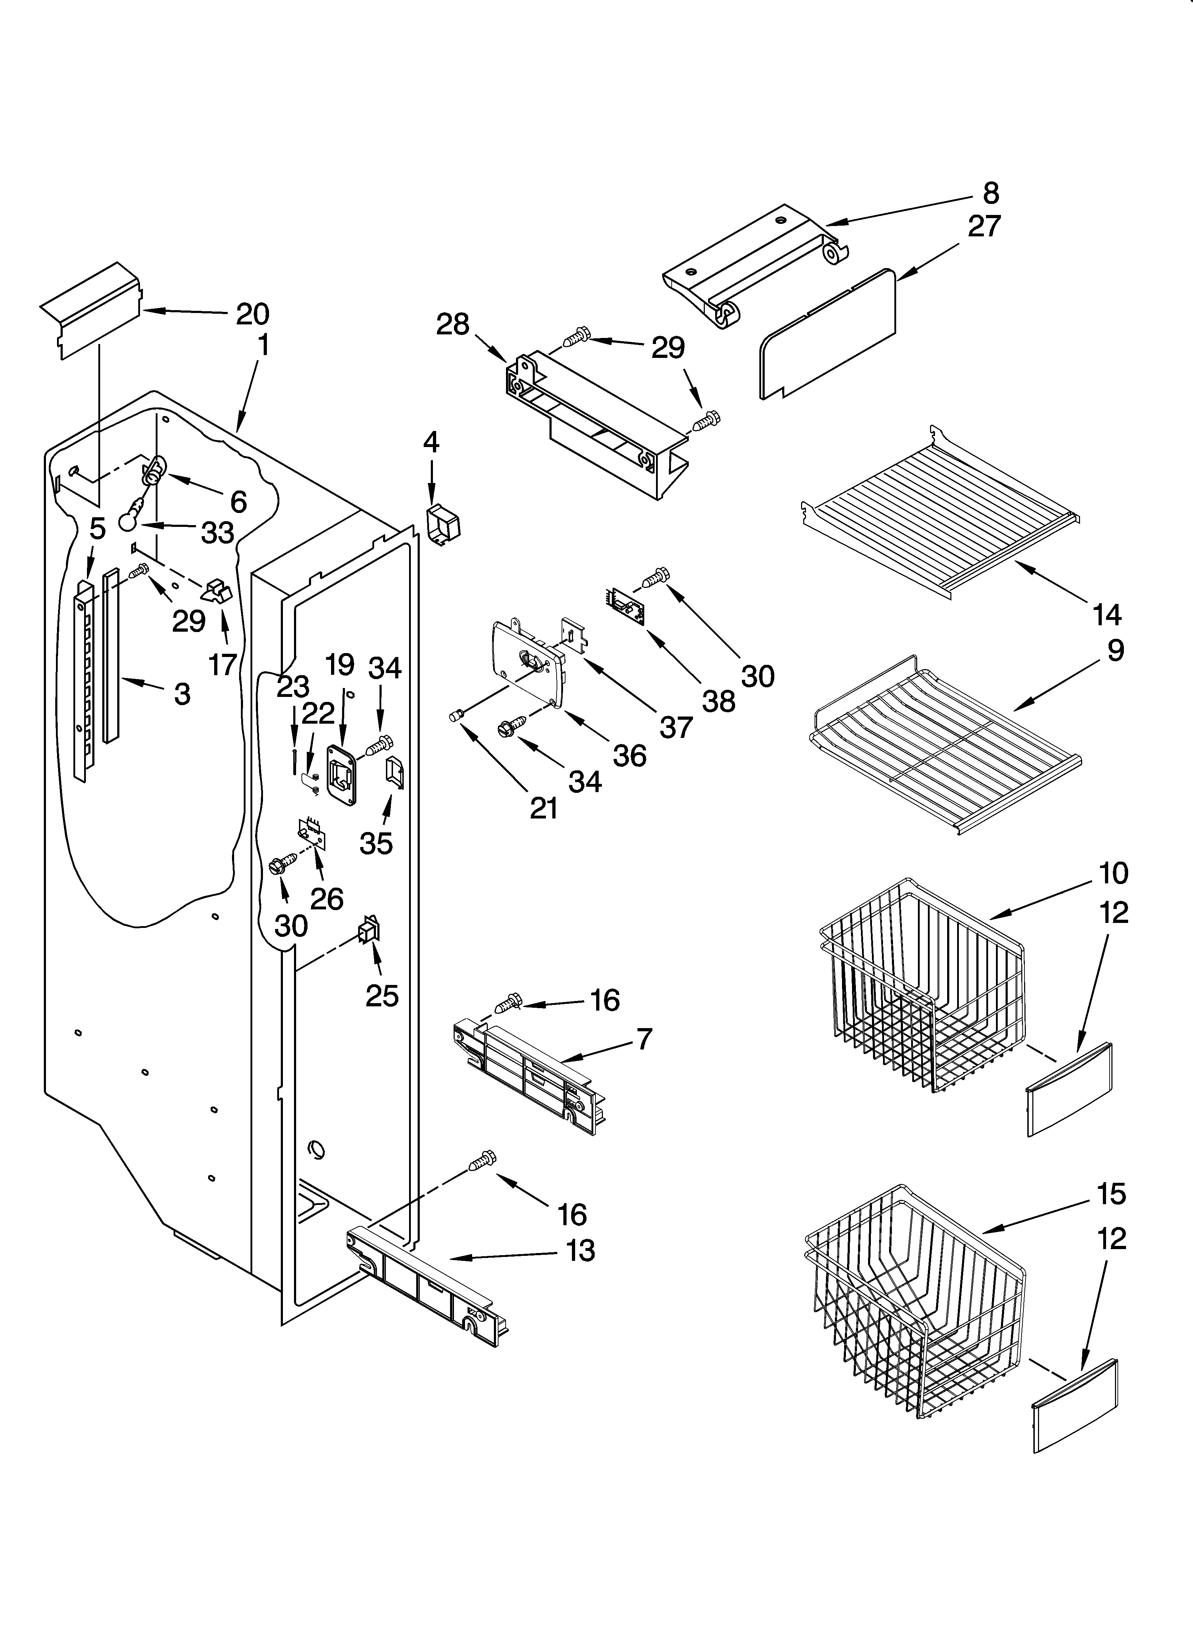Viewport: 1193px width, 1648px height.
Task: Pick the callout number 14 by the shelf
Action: [x=1106, y=615]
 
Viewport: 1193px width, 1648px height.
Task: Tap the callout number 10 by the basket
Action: [x=1113, y=873]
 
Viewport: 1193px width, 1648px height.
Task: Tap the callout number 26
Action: [x=326, y=899]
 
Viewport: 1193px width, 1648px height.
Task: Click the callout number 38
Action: [x=718, y=701]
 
